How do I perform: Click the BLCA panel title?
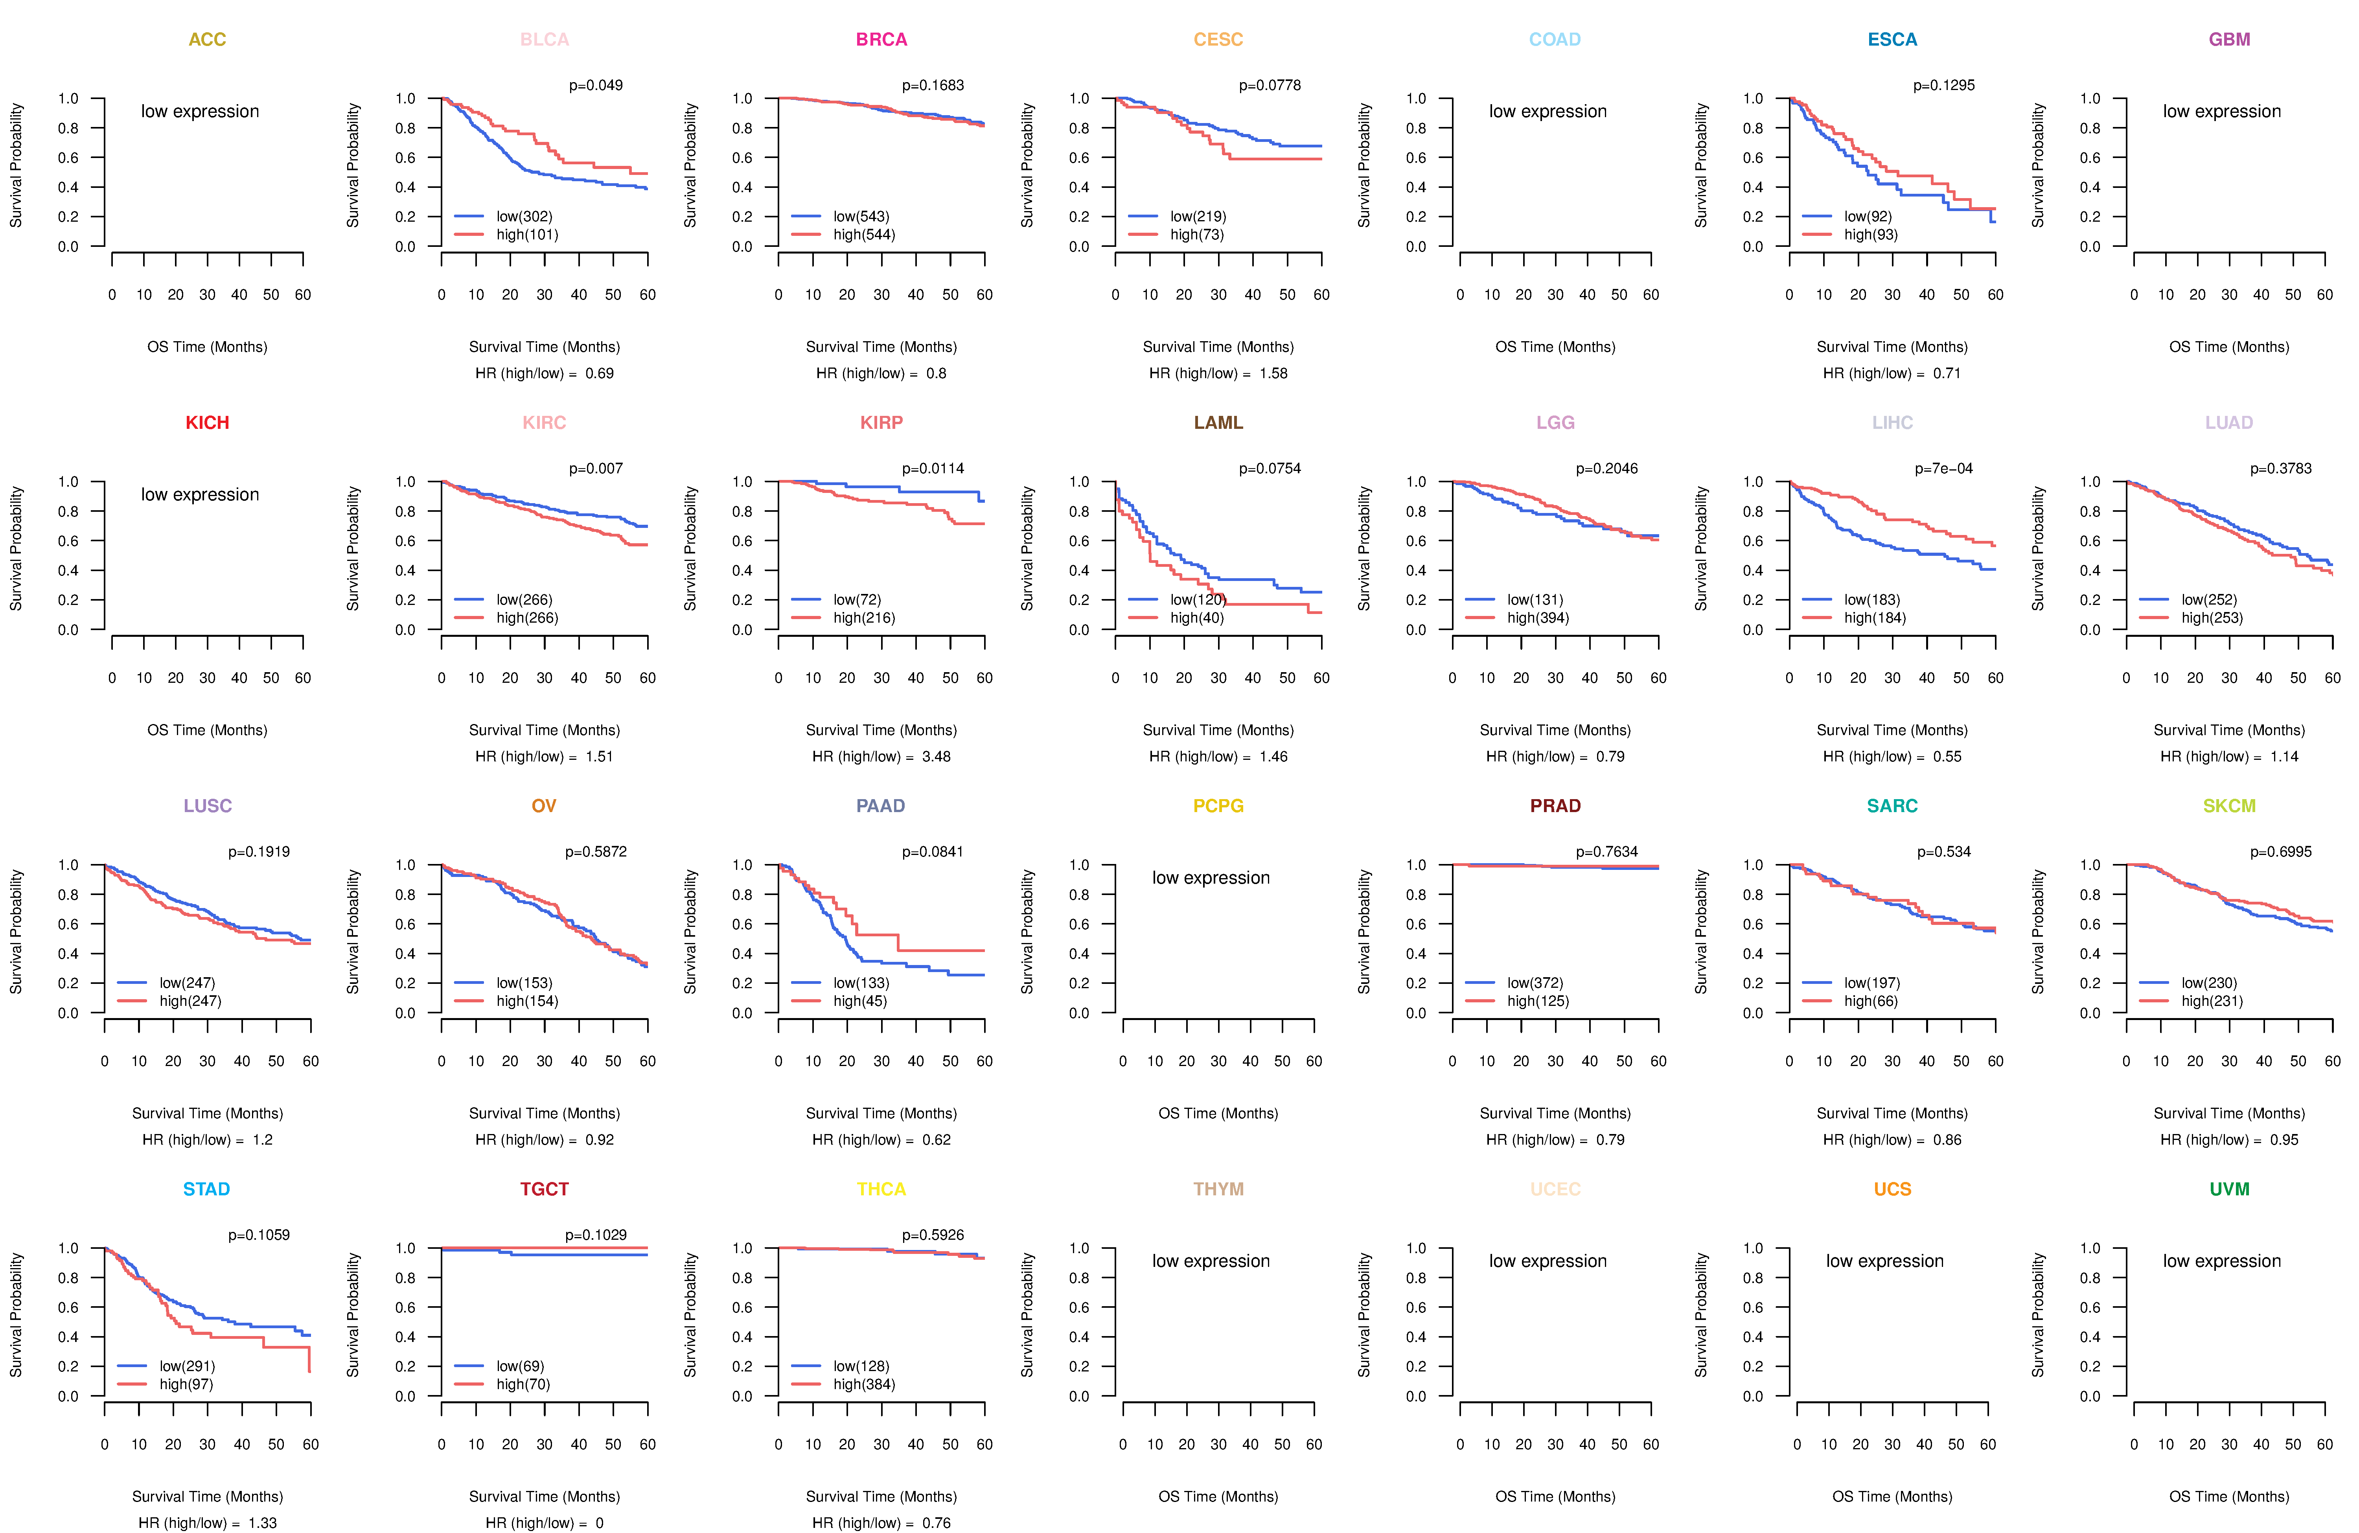click(x=544, y=40)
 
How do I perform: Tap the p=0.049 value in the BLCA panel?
click(x=596, y=85)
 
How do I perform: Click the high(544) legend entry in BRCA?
click(x=863, y=235)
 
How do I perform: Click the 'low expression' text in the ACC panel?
click(x=200, y=111)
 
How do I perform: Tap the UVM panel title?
click(x=2229, y=1189)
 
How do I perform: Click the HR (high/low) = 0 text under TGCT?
click(x=544, y=1523)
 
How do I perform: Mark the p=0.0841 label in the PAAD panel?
click(x=933, y=852)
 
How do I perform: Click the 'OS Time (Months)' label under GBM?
click(x=2229, y=347)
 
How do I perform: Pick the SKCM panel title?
click(x=2229, y=806)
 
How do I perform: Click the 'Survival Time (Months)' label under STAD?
click(x=207, y=1496)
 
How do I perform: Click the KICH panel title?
click(x=207, y=423)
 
